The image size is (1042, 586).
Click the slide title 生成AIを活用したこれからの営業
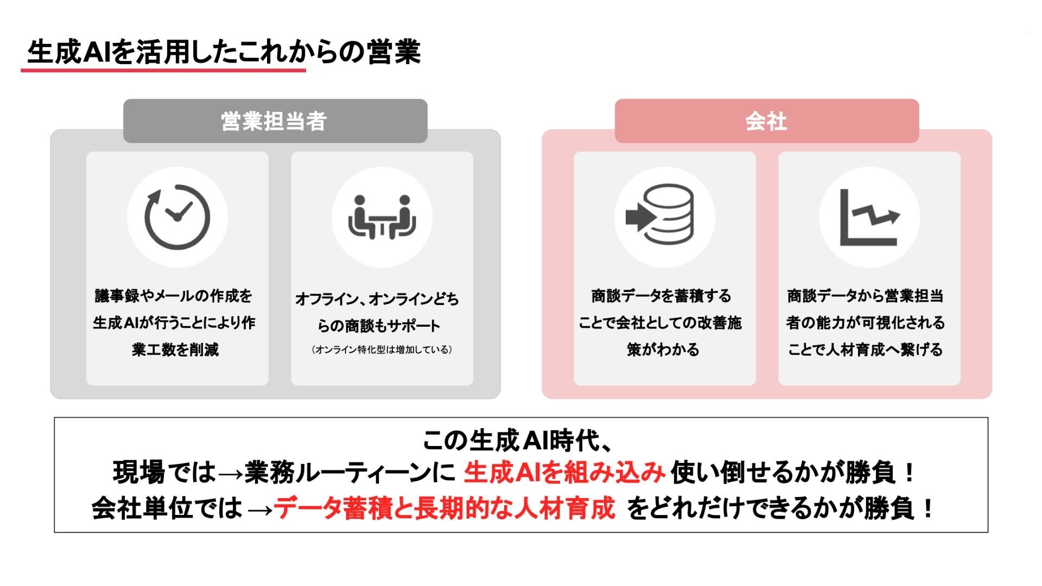tap(224, 52)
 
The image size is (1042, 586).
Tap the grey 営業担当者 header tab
tap(275, 121)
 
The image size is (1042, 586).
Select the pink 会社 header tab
tap(766, 121)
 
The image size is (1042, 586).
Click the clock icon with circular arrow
tap(177, 217)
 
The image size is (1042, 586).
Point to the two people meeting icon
tap(382, 217)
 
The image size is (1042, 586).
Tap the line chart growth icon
tap(869, 217)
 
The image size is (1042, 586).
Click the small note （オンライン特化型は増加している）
tap(382, 350)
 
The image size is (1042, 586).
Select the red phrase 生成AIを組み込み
tap(564, 472)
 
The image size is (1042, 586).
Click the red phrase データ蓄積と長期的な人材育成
tap(444, 508)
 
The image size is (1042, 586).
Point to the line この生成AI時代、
tap(518, 441)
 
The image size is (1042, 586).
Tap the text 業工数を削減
tap(175, 350)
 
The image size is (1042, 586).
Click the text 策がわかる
tap(663, 350)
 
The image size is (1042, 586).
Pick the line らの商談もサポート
tap(379, 326)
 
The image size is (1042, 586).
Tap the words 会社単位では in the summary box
tap(167, 508)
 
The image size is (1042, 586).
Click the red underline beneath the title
tap(163, 70)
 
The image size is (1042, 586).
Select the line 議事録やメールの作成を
tap(174, 296)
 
